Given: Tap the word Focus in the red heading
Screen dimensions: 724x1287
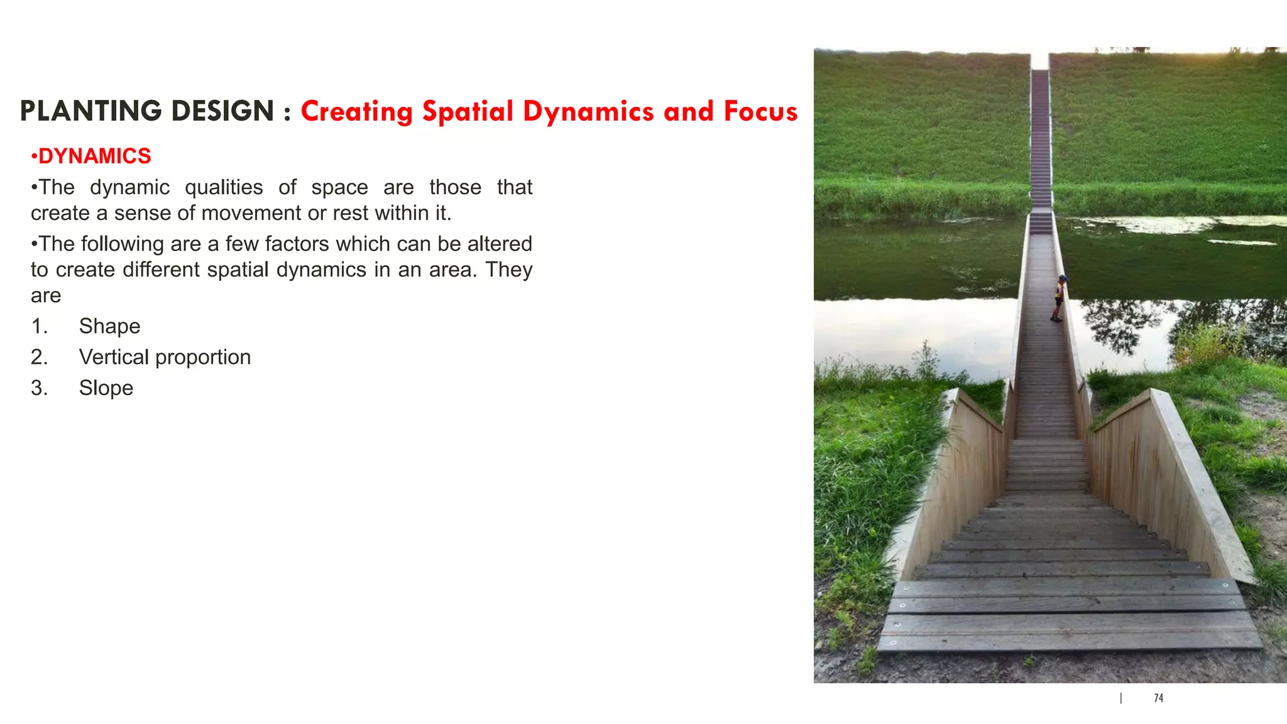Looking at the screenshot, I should pos(760,111).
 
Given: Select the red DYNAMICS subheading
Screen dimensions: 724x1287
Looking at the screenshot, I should pos(94,156).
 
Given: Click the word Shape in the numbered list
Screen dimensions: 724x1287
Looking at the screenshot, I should pos(109,326).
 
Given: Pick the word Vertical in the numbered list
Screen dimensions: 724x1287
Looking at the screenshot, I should pos(114,357).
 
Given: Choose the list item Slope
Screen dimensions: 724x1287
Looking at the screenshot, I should pos(106,388).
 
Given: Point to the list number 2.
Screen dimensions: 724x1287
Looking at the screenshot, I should pos(39,357).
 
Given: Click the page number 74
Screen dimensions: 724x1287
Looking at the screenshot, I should pos(1158,698).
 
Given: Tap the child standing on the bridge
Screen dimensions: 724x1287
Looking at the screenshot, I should pos(1060,298).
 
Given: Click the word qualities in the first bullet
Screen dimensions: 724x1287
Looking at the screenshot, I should pos(224,187).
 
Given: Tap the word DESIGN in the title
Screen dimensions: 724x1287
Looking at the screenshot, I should pos(222,111).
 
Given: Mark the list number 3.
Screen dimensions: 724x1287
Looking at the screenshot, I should pos(39,388).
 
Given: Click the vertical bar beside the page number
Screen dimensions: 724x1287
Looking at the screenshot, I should pos(1121,698).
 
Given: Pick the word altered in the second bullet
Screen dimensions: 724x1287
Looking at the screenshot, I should pos(500,244).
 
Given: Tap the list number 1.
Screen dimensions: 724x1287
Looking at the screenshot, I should pos(39,326).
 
